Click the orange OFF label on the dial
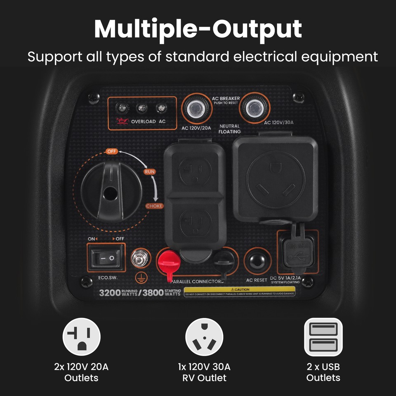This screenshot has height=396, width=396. tap(112, 151)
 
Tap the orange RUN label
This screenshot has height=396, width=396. tap(149, 171)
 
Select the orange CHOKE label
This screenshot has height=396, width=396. tap(154, 206)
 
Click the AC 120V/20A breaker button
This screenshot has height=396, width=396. tap(196, 108)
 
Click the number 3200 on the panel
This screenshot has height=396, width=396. tap(109, 293)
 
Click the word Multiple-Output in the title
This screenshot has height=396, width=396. tap(198, 29)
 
